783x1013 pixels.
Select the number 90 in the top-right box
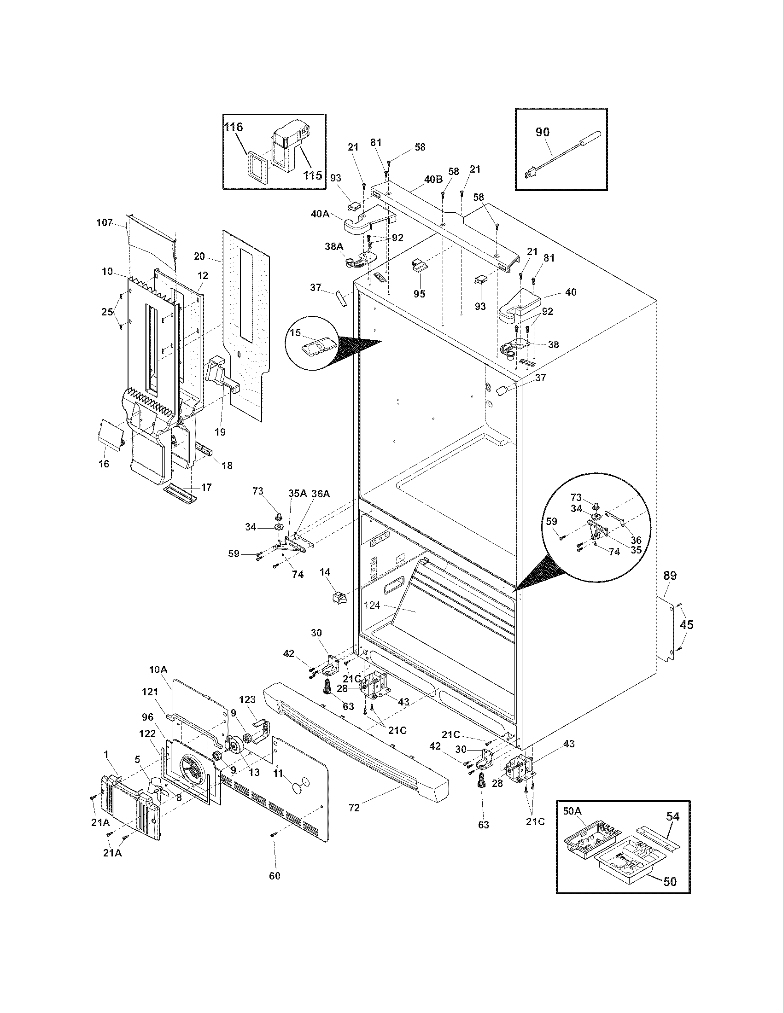coord(542,132)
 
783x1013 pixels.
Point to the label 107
coord(105,223)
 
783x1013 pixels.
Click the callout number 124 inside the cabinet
coord(373,605)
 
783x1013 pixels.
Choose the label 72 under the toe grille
coord(354,808)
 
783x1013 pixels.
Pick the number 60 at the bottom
coord(275,876)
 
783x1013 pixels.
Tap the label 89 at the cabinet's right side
coord(670,576)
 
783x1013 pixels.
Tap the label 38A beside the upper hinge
coord(333,247)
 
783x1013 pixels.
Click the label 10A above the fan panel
coord(158,670)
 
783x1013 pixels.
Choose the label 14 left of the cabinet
coord(325,572)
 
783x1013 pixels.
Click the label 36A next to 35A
coord(321,494)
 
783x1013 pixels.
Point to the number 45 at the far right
coord(687,625)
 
